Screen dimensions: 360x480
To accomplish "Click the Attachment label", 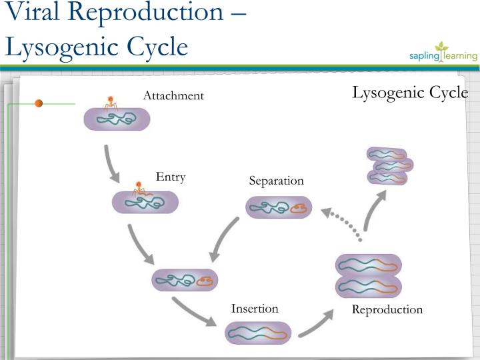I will tap(173, 96).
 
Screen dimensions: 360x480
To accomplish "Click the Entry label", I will tap(171, 177).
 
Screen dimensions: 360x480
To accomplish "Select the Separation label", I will tap(276, 181).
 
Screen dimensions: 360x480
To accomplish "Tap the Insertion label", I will tap(255, 308).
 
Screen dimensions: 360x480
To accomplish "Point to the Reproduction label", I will tap(387, 309).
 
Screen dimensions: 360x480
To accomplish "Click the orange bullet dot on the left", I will tap(39, 103).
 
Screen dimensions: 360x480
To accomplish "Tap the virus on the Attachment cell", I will tap(111, 102).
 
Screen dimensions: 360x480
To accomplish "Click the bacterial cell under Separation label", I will tap(279, 208).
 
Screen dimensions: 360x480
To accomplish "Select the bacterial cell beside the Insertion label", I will tap(258, 332).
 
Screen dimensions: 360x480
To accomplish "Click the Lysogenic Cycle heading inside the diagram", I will tap(409, 93).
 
